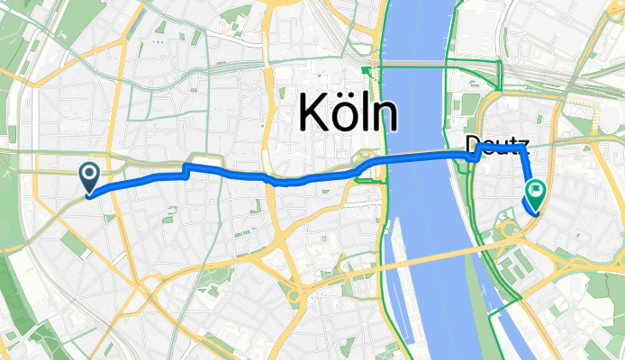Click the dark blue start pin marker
coord(90,176)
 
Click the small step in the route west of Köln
coord(186,171)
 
